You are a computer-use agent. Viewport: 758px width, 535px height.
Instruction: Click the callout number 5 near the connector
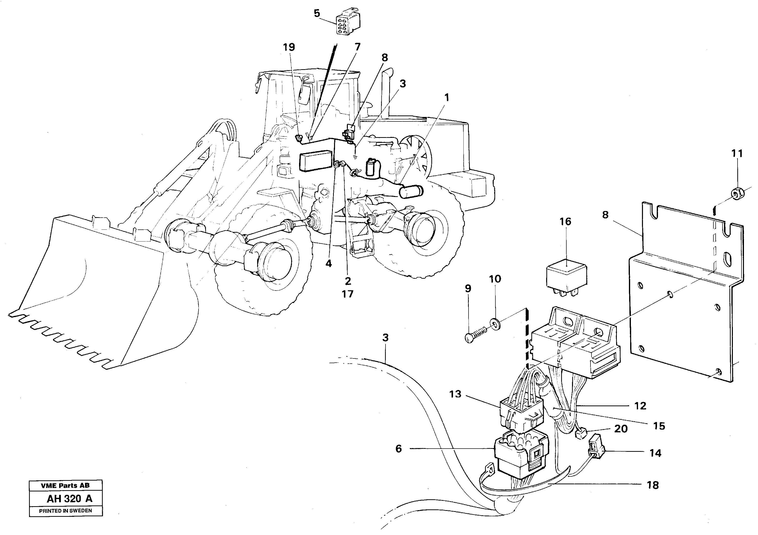(x=317, y=14)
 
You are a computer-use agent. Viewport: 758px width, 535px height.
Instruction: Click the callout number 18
(x=653, y=485)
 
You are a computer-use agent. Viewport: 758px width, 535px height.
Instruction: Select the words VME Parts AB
(x=65, y=486)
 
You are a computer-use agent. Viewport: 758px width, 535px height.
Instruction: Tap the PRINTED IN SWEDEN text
(x=65, y=511)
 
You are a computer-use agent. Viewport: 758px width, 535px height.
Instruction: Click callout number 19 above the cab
(x=289, y=47)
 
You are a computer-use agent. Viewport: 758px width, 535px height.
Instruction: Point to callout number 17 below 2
(x=347, y=294)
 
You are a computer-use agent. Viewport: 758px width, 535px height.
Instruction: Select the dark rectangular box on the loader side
(x=315, y=161)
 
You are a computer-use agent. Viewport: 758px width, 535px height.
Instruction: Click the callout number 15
(x=659, y=426)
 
